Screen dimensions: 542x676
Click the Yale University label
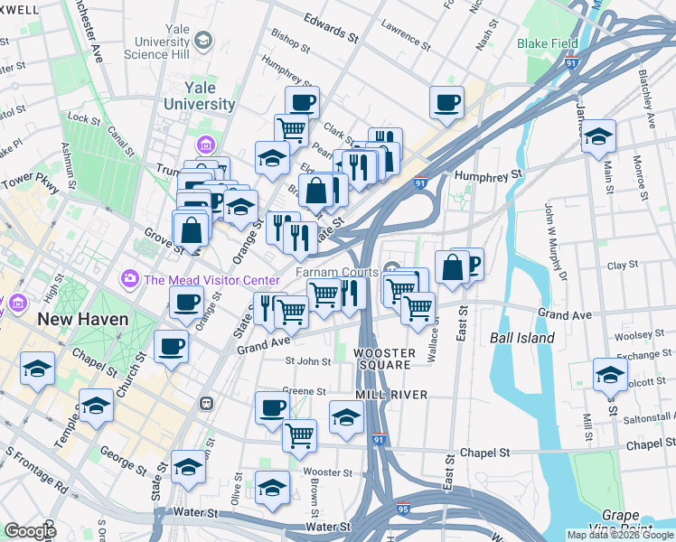tap(197, 96)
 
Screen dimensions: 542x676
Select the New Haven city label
tap(82, 320)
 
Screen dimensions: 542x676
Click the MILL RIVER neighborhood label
tap(390, 395)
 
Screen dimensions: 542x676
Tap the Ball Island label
tap(522, 338)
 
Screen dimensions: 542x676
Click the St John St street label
tap(308, 361)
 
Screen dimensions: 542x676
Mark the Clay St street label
tap(623, 266)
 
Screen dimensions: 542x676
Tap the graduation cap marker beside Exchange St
tap(610, 374)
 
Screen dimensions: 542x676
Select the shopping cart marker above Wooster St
tap(299, 435)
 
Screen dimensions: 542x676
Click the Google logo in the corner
tap(31, 530)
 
